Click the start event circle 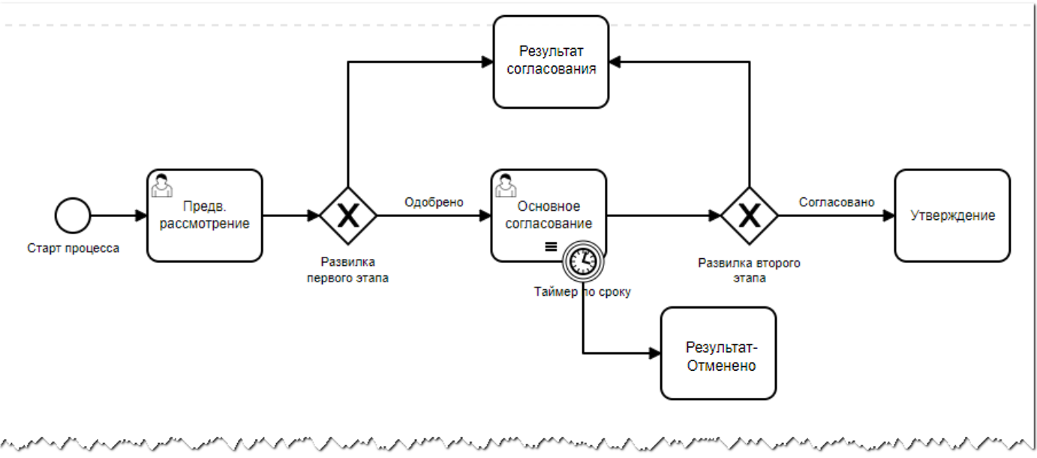pos(72,215)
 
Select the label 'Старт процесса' pos(73,248)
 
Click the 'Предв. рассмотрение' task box pos(204,215)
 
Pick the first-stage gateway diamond pos(347,215)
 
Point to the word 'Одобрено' pos(434,202)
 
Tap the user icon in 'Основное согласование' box pos(505,184)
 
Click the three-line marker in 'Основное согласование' pos(550,246)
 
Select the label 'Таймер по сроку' pos(582,292)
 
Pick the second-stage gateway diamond pos(750,215)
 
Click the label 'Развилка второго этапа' pos(749,270)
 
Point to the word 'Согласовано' pos(837,202)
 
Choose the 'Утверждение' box pos(952,215)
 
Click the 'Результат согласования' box pos(551,61)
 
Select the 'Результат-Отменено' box pos(718,354)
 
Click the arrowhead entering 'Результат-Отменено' pos(654,354)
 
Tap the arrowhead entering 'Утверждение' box pos(888,215)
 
